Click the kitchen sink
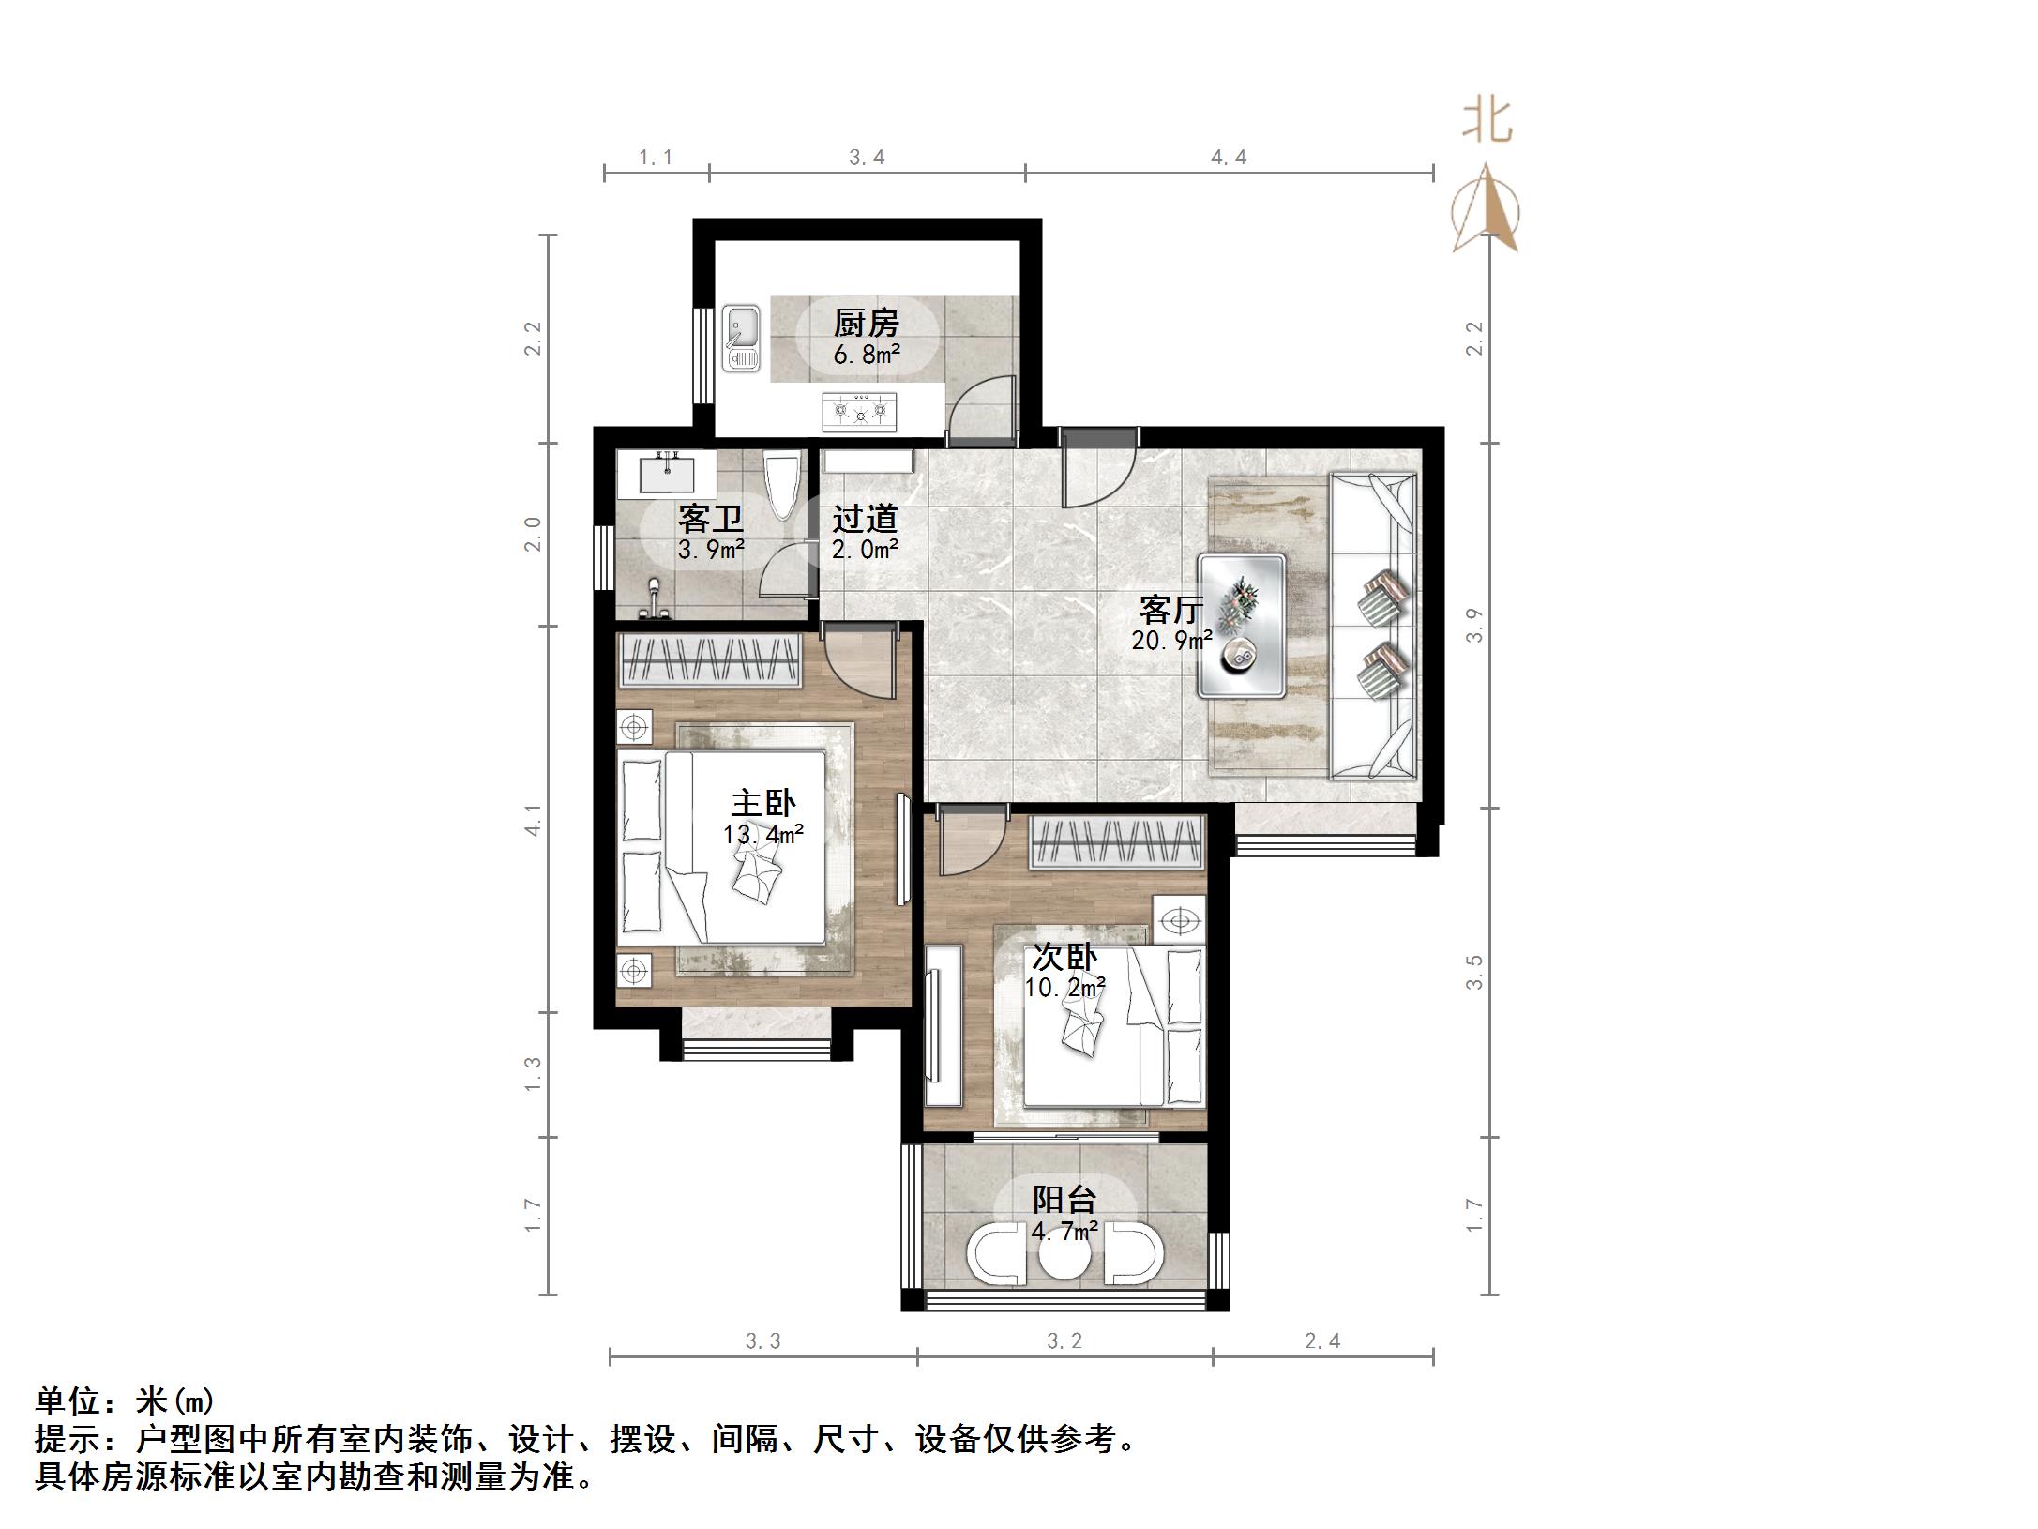(x=742, y=336)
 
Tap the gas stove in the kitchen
(x=858, y=411)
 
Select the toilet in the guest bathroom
(x=781, y=484)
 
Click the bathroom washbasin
(x=667, y=473)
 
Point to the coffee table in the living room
(x=1242, y=626)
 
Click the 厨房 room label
(x=866, y=324)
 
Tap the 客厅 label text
(x=1170, y=610)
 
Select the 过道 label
(x=865, y=519)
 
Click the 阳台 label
(x=1064, y=1200)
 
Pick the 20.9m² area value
(x=1171, y=641)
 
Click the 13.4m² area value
(x=762, y=834)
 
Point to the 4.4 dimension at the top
(x=1229, y=158)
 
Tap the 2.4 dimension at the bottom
(x=1322, y=1341)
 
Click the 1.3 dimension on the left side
(x=533, y=1074)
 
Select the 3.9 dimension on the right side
(x=1474, y=625)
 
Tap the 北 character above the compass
(x=1487, y=122)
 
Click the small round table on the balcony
(x=1064, y=1255)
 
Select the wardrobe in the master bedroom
(x=710, y=659)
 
